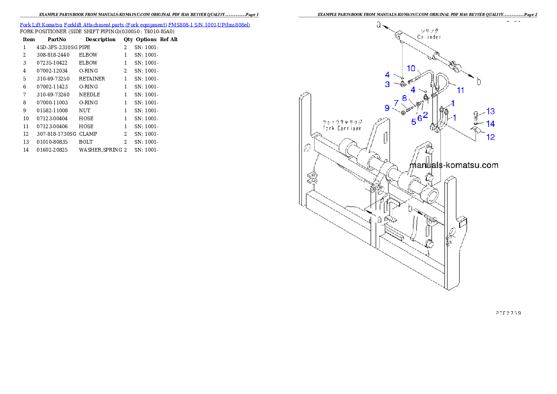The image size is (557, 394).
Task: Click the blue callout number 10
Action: coord(410,68)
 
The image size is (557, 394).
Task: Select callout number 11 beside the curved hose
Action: coord(461,90)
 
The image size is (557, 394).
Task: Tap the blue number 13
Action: coord(490,111)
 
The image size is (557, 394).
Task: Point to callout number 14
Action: coord(490,124)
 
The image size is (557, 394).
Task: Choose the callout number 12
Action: coord(490,137)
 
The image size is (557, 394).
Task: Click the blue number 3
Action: coord(388,85)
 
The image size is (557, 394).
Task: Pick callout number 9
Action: coord(387,108)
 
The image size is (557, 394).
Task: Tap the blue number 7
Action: coord(396,102)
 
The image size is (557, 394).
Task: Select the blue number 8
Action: coord(404,98)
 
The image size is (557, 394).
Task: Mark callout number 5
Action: coord(414,122)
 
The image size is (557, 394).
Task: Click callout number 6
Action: coord(420,118)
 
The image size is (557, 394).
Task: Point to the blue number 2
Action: coord(425,114)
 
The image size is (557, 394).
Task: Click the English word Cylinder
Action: coord(429,37)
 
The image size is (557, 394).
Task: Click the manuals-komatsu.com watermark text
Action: coord(454,165)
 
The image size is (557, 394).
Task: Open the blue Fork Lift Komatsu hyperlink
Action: coord(135,24)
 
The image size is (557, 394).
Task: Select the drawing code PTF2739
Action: coord(508,313)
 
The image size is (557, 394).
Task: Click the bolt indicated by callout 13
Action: coord(476,114)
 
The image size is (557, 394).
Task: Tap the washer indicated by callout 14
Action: coord(476,124)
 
